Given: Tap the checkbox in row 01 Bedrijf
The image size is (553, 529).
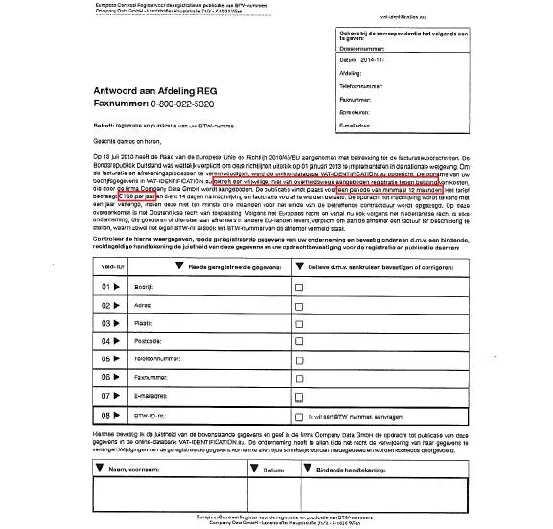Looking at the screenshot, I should tap(299, 287).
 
